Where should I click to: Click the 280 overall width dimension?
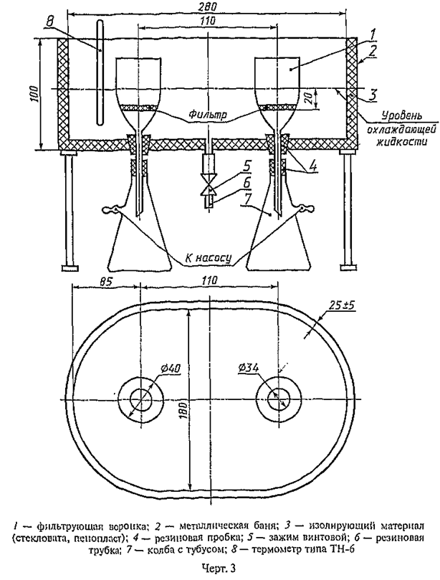point(206,7)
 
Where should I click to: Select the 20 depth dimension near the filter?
point(311,98)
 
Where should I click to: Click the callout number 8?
point(49,21)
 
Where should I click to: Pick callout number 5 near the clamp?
point(246,167)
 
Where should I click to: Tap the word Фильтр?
point(207,114)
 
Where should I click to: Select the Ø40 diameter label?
point(171,369)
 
